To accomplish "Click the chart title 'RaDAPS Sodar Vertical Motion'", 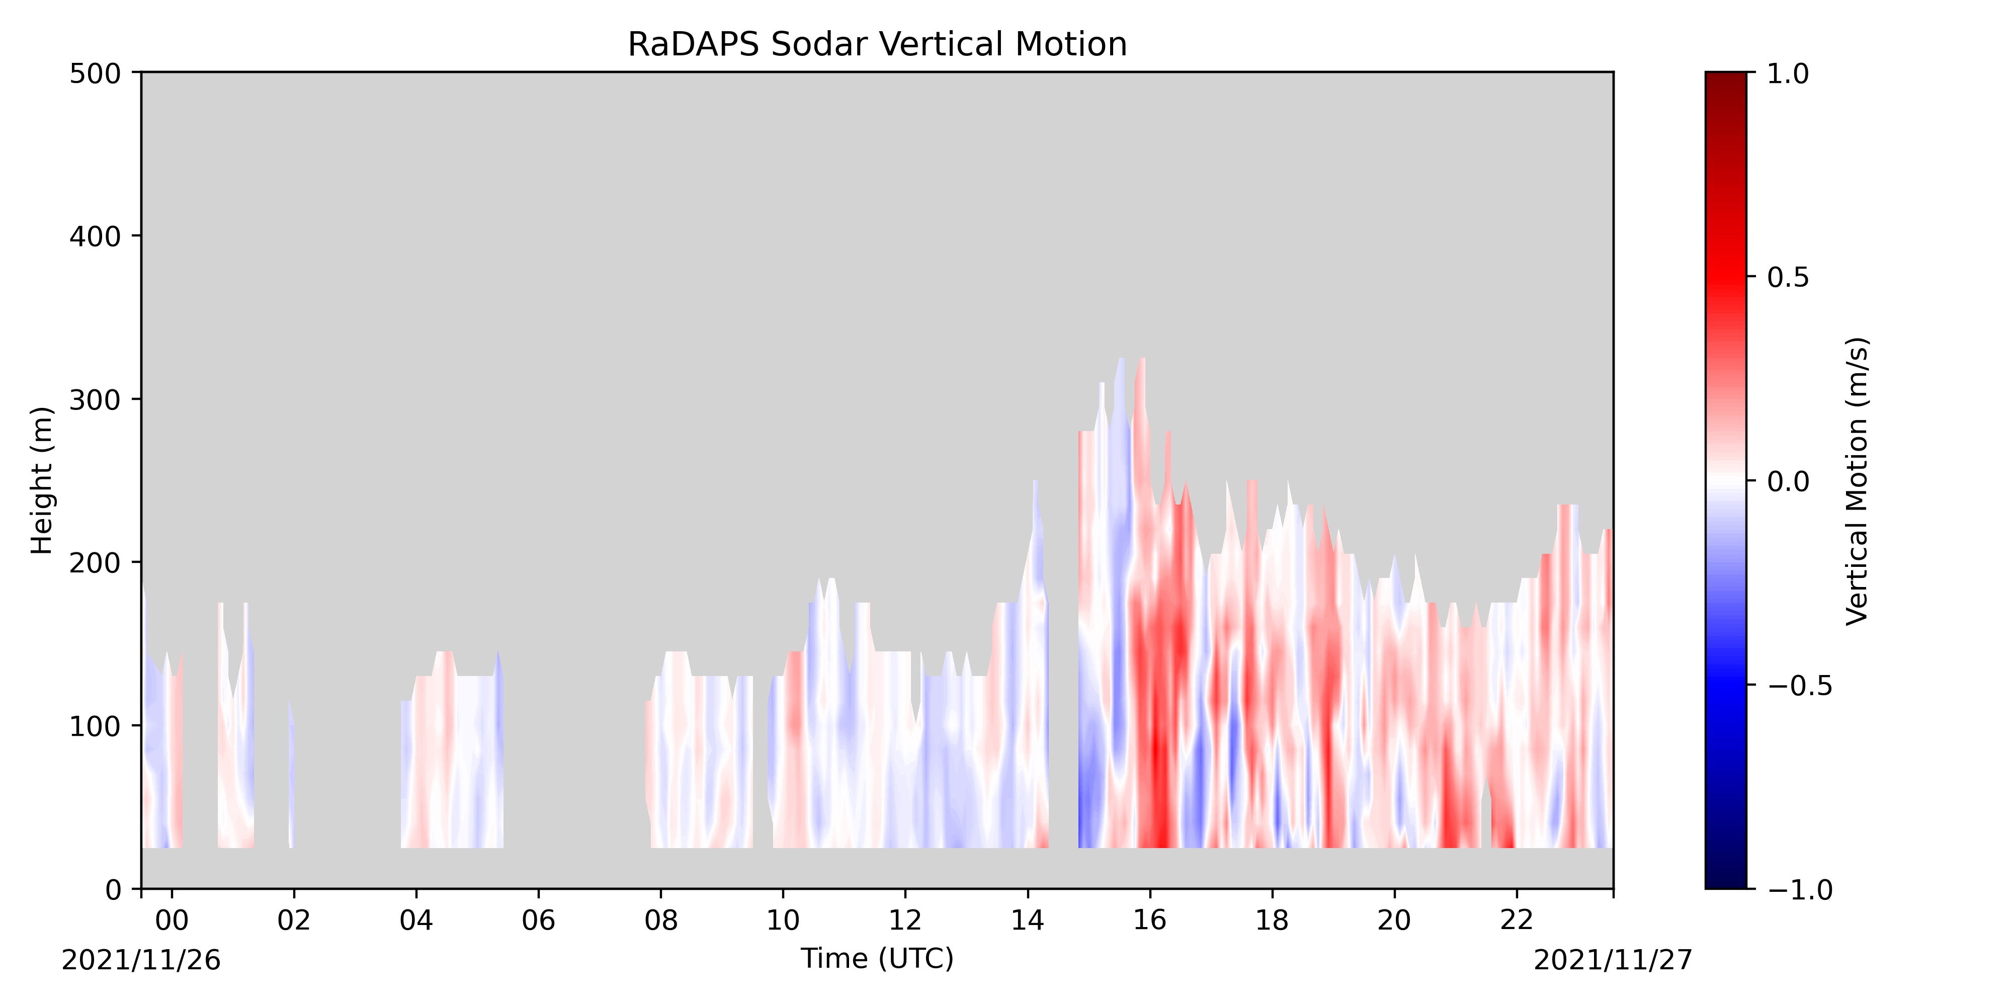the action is pos(877,45).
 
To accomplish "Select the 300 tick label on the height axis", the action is pos(95,400).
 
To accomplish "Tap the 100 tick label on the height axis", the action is pos(95,726).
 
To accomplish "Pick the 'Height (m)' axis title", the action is pos(42,480).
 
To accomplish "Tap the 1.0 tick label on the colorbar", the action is pos(1788,74).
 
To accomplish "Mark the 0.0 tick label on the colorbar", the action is pos(1788,482).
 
